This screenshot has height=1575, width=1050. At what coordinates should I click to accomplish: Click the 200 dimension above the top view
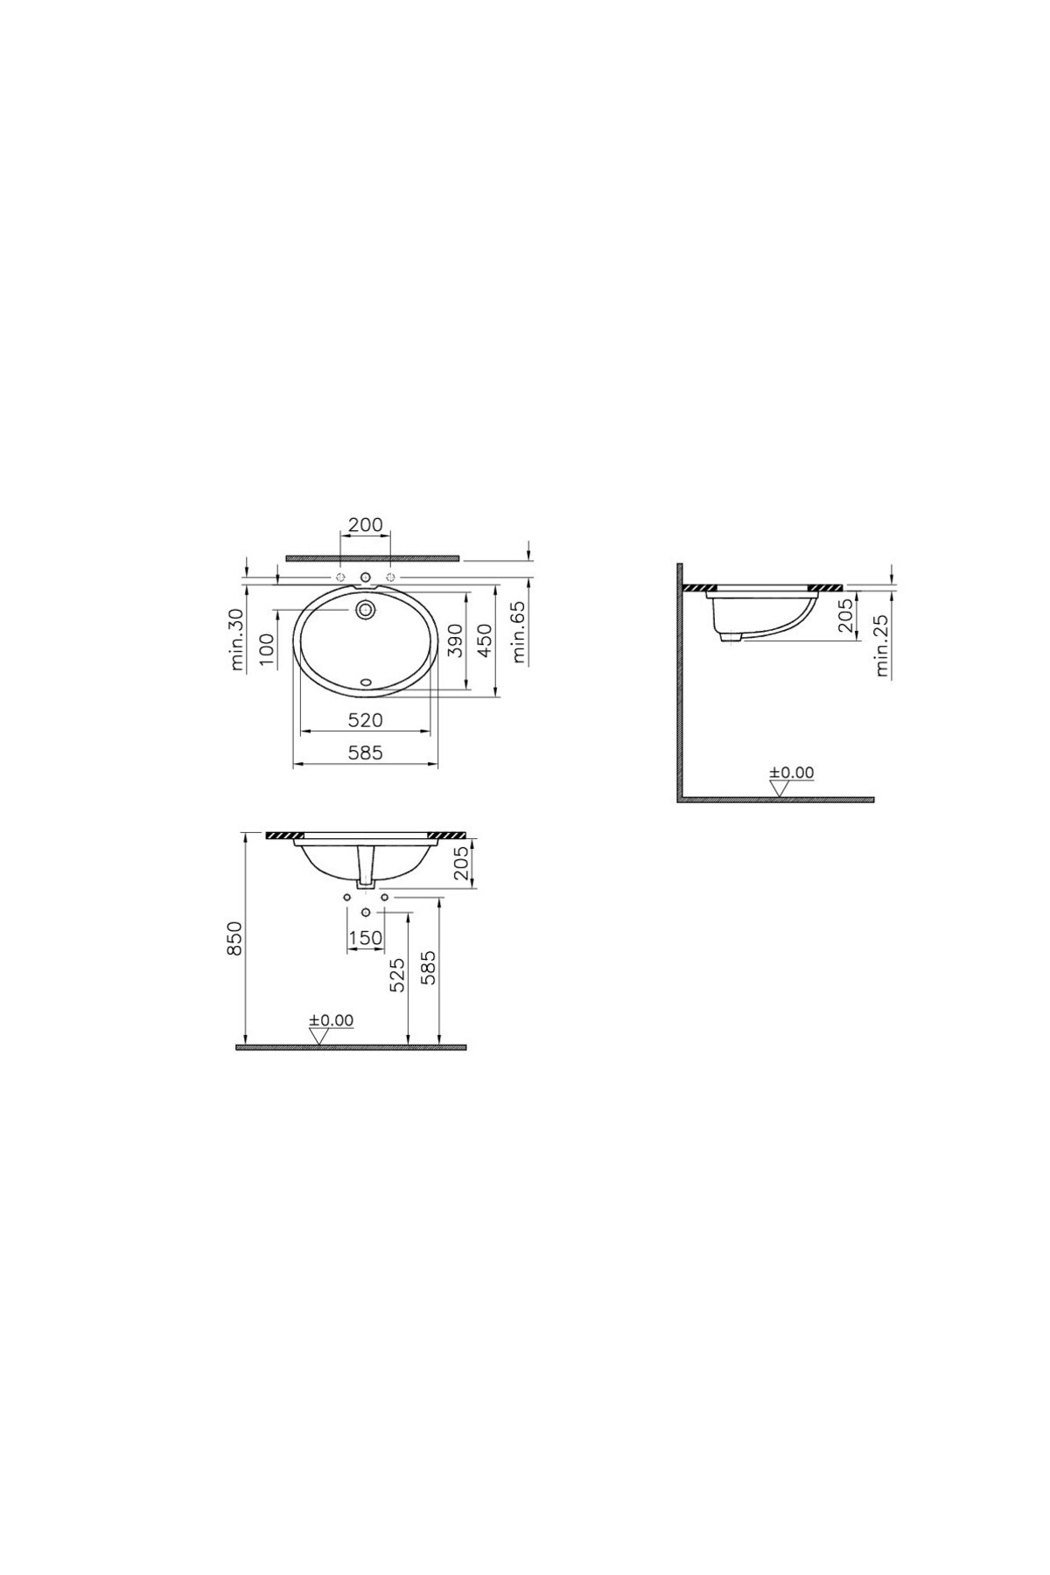365,525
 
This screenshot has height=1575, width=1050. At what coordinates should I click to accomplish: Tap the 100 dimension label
268,644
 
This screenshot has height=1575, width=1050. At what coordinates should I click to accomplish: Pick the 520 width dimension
366,720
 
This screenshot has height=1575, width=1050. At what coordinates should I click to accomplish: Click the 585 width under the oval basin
366,752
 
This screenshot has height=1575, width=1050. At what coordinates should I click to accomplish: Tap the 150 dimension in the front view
365,938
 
